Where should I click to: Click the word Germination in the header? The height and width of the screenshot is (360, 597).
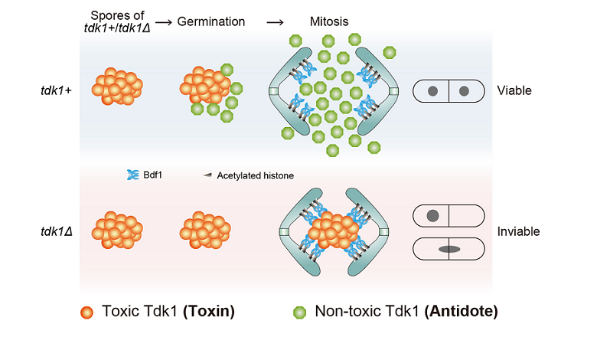[211, 21]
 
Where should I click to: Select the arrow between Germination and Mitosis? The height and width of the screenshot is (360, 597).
[275, 21]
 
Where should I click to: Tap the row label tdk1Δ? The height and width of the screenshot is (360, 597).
[59, 231]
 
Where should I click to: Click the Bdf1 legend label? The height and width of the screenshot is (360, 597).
[152, 175]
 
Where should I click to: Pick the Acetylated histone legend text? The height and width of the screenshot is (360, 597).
[255, 175]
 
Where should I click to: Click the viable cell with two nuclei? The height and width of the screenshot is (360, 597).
[449, 91]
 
